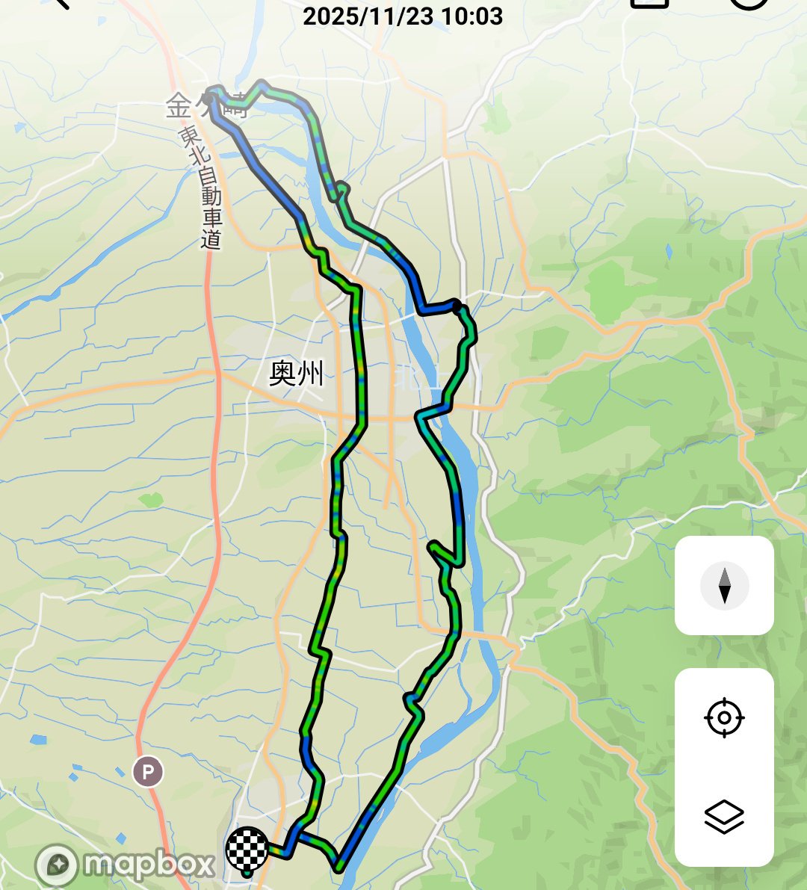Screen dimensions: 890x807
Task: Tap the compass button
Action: coord(724,585)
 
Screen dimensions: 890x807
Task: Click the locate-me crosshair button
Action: coord(724,718)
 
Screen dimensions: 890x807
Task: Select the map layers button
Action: coord(724,816)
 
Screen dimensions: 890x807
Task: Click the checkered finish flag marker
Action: coord(247,848)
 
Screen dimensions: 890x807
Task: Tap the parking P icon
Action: coord(148,770)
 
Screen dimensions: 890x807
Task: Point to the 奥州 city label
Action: coord(297,373)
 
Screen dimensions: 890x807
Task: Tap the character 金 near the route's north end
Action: coord(179,106)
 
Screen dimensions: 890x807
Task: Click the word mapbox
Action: coord(149,865)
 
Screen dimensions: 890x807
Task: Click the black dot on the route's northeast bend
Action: coord(457,305)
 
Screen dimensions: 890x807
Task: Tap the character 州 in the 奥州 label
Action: coord(311,373)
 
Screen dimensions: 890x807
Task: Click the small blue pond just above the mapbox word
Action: coord(121,837)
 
